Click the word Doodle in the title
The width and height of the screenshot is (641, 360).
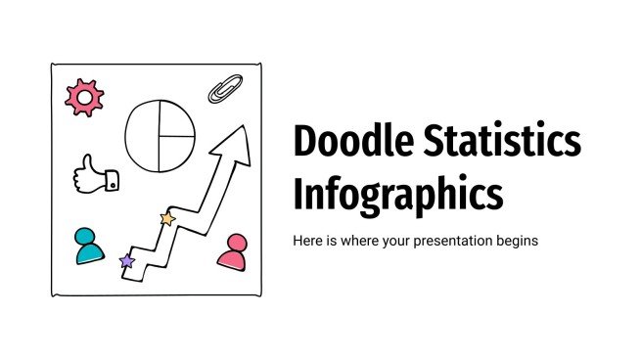coord(351,145)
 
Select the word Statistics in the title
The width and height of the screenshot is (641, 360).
coord(502,145)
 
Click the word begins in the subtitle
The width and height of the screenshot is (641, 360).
coord(516,240)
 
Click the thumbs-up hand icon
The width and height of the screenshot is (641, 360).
coord(95,173)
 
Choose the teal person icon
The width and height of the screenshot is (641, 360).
coord(89,246)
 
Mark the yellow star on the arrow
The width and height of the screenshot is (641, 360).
coord(167,219)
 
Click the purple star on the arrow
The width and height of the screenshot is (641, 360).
coord(126,261)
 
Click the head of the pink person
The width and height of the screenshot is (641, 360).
coord(235,242)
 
